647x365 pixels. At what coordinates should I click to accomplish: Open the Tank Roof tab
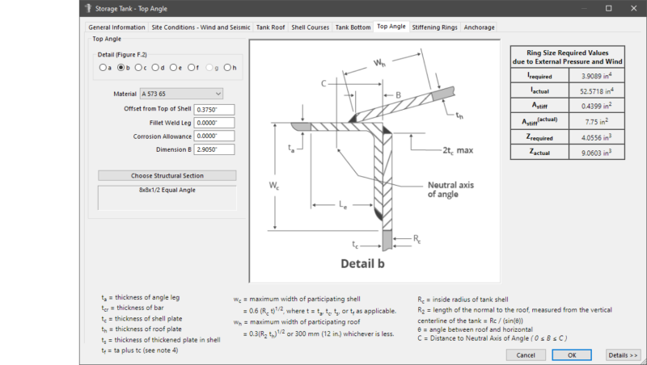point(270,27)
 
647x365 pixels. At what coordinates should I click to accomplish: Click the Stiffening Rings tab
point(436,27)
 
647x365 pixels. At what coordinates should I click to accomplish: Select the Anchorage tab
point(480,27)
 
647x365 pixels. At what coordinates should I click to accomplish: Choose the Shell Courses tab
point(310,27)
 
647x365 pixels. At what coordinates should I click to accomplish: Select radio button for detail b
point(121,68)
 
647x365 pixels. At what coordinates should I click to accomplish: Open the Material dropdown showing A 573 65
point(181,94)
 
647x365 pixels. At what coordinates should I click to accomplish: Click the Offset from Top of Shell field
point(214,109)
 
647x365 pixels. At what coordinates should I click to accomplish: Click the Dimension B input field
point(214,149)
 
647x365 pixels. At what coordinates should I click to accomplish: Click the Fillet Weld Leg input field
point(214,123)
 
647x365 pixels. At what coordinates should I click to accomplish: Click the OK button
point(572,355)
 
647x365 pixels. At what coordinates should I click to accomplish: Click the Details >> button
point(624,355)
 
